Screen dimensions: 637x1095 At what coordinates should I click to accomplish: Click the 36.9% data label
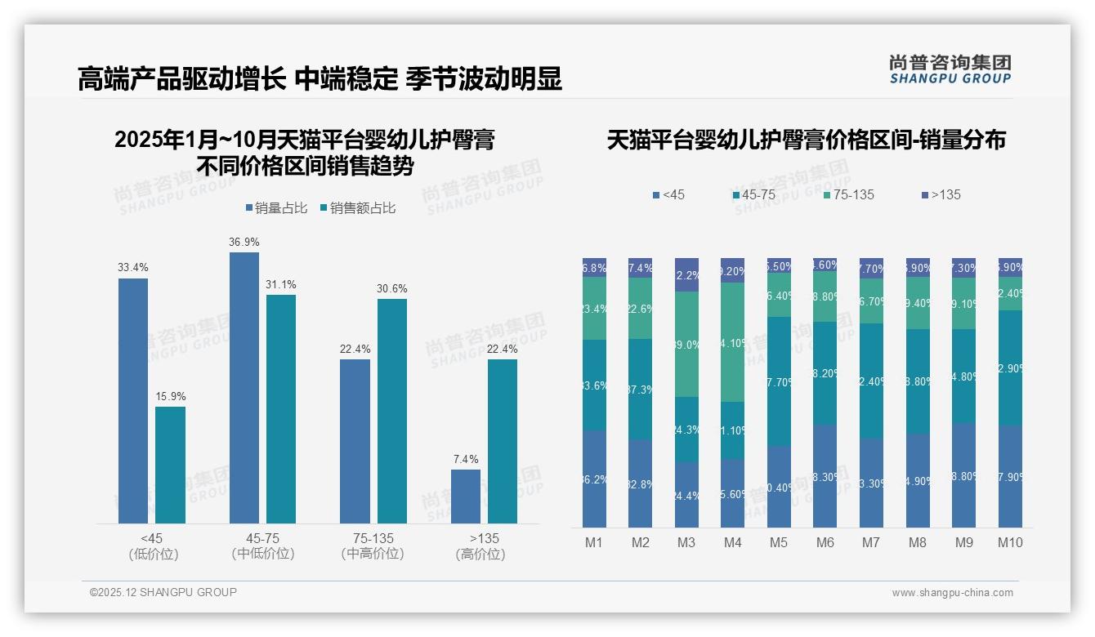244,242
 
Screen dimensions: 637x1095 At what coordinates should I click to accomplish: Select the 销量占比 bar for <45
133,400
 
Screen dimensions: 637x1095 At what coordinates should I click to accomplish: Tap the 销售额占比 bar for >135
503,441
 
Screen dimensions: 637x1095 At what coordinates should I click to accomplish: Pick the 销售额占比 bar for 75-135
392,411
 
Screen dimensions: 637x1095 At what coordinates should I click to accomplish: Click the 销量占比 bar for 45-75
244,387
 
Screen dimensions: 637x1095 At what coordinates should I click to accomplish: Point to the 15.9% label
171,396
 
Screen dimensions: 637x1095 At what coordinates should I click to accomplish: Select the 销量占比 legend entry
277,208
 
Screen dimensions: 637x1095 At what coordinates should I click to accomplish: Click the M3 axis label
686,542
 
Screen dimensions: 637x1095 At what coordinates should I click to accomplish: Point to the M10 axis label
1010,542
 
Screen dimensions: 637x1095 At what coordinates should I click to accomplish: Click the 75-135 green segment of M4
733,341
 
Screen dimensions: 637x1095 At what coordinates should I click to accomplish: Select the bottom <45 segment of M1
594,479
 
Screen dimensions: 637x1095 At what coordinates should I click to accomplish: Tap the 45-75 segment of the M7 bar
871,381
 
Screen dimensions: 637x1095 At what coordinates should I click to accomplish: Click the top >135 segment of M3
686,274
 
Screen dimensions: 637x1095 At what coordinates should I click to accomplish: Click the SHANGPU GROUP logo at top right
950,69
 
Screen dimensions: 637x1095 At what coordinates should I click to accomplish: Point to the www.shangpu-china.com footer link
952,593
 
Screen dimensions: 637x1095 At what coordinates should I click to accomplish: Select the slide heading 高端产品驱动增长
181,79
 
